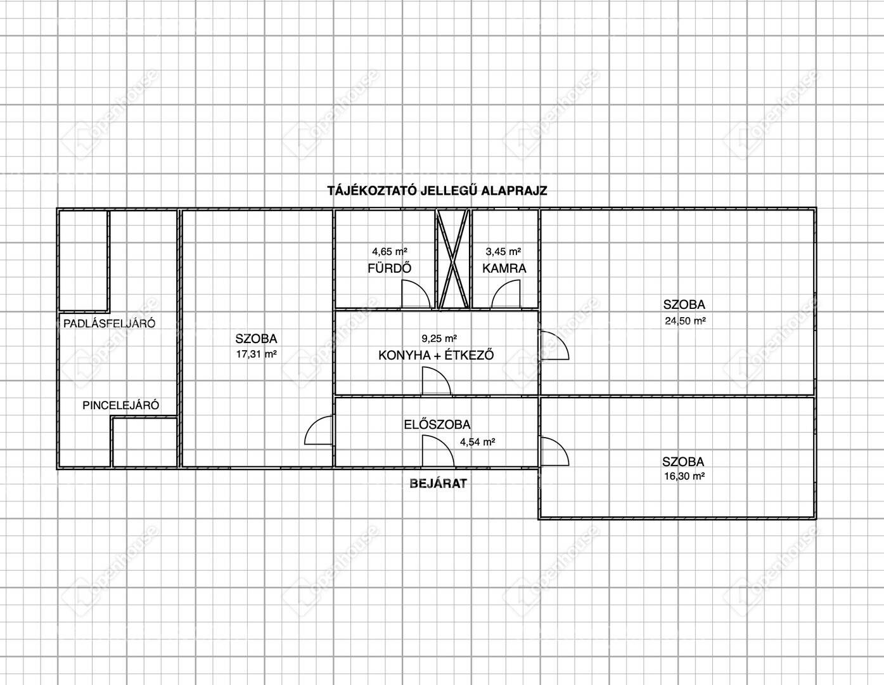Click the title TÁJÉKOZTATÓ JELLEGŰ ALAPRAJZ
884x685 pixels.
coord(437,190)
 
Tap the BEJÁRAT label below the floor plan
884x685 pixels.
coord(438,483)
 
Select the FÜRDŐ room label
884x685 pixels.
coord(389,268)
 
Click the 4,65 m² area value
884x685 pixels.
coord(389,252)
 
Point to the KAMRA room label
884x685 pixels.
coord(504,269)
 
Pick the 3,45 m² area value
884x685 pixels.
coord(503,252)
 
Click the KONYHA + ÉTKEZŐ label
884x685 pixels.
coord(436,355)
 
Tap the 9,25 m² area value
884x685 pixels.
coord(439,338)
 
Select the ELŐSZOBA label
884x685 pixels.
coord(437,424)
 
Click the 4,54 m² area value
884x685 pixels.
coord(477,441)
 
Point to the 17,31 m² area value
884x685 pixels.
coord(256,354)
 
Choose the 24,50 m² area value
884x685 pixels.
coord(685,321)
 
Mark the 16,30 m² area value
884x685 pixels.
coord(684,476)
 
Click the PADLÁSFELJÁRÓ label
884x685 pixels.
coord(109,323)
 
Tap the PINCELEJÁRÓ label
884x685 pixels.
coord(120,405)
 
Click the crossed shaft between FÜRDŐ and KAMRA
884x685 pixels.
coord(453,259)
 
